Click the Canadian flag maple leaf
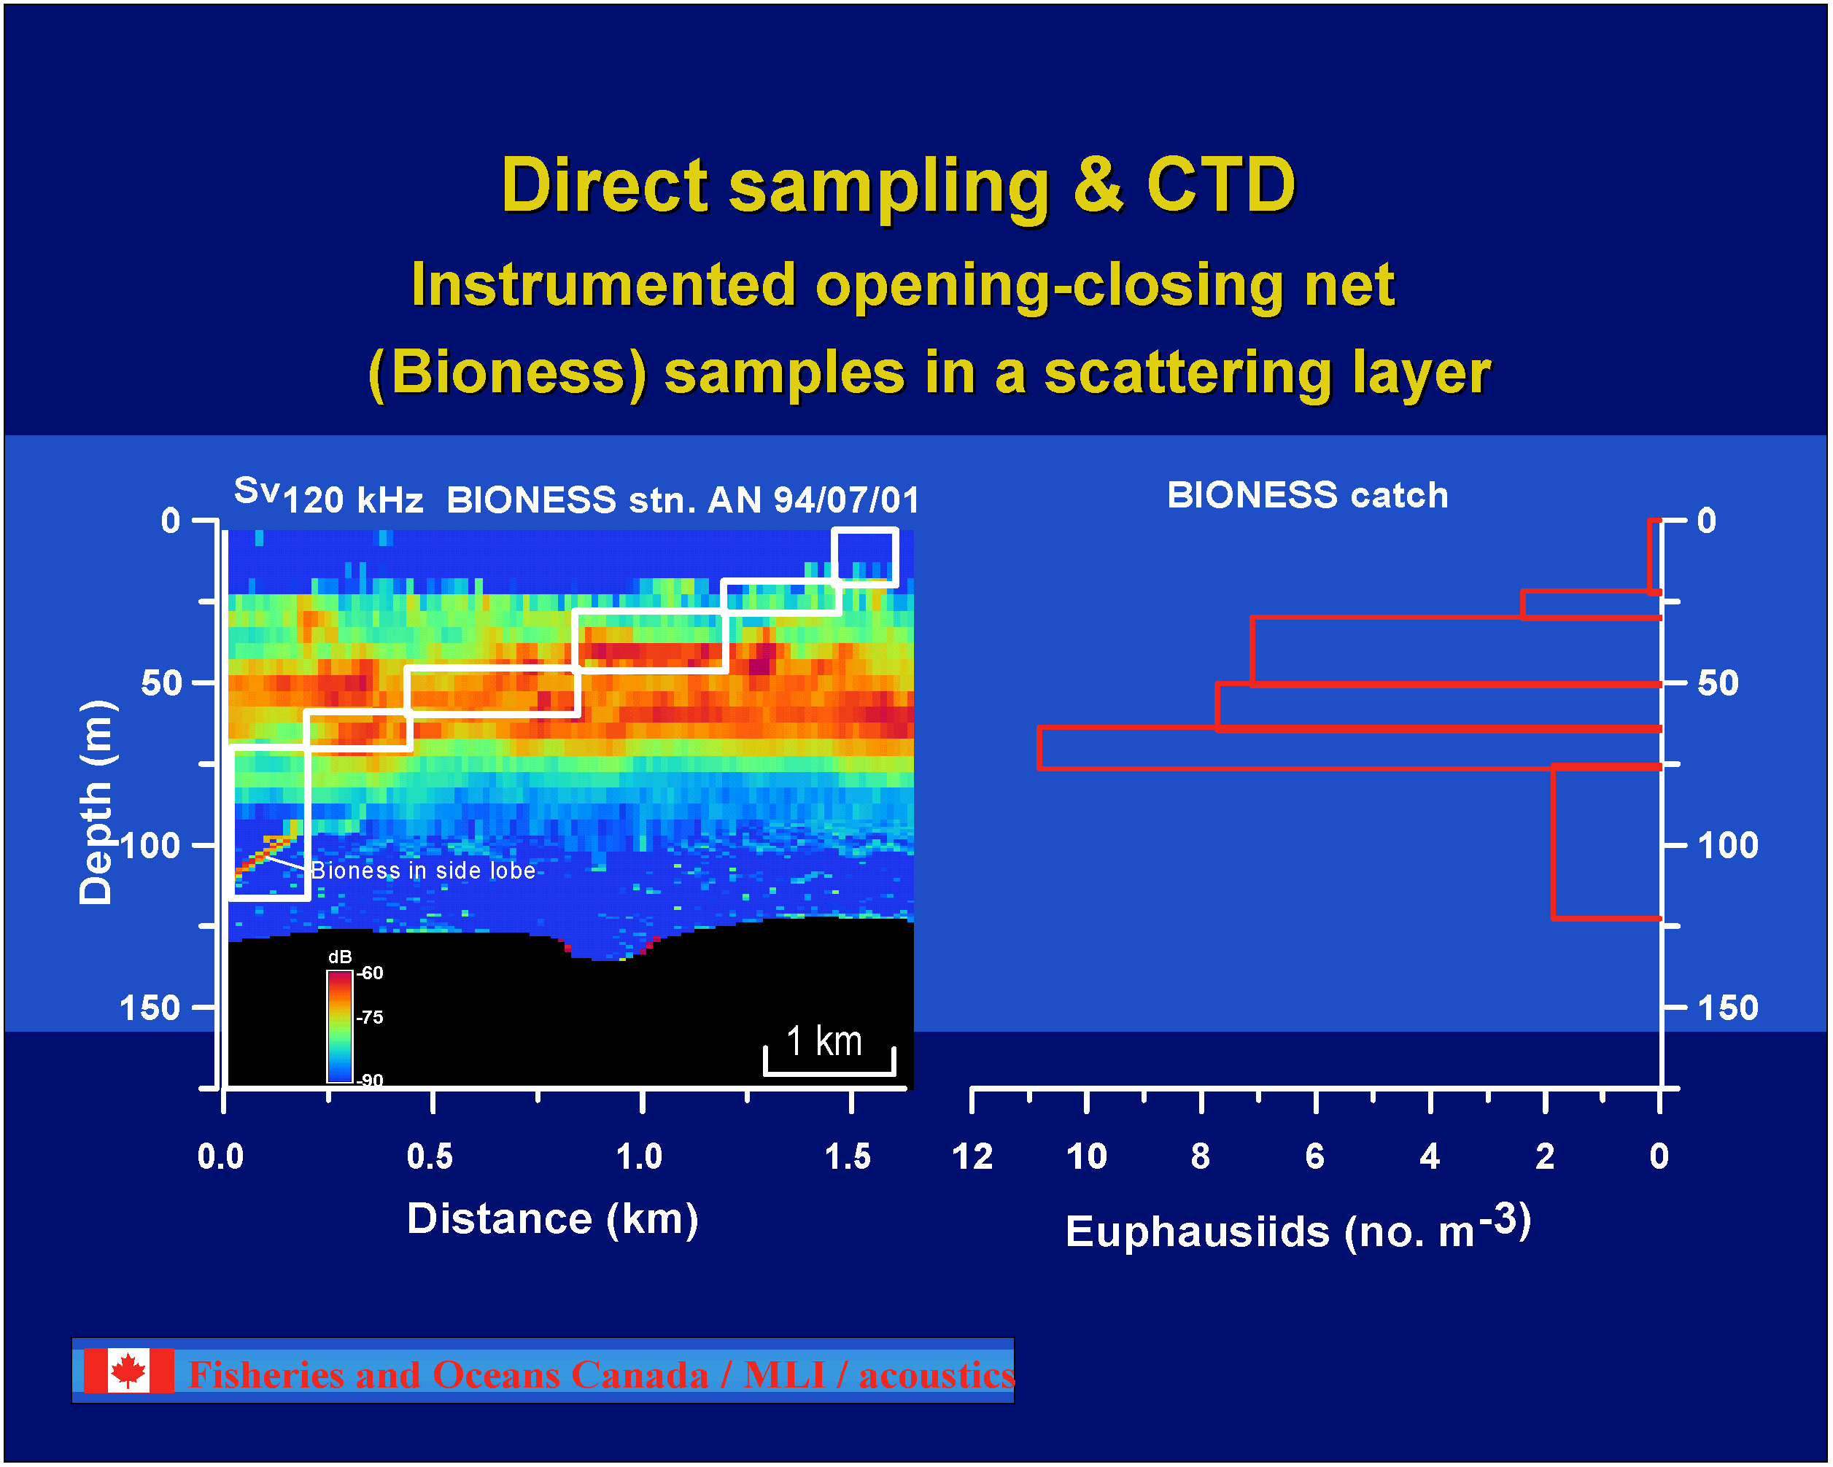pyautogui.click(x=128, y=1370)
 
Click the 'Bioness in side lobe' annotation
pyautogui.click(x=423, y=871)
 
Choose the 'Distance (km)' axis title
pyautogui.click(x=553, y=1219)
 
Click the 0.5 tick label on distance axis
pyautogui.click(x=430, y=1157)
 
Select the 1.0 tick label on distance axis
pyautogui.click(x=640, y=1157)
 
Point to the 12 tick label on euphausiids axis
pyautogui.click(x=972, y=1157)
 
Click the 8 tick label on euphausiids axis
pyautogui.click(x=1201, y=1157)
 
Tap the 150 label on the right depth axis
pyautogui.click(x=1727, y=1008)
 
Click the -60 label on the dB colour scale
pyautogui.click(x=370, y=973)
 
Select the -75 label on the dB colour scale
pyautogui.click(x=370, y=1017)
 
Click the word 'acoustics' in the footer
pyautogui.click(x=937, y=1375)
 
